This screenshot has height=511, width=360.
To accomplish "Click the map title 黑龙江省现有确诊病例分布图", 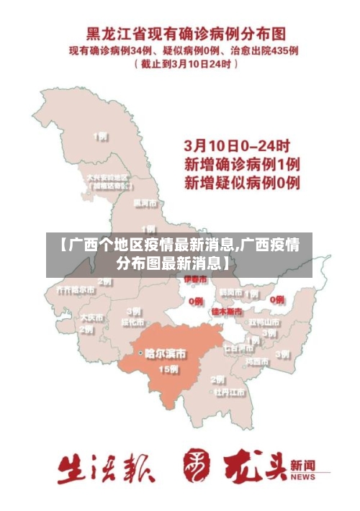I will tap(186, 34).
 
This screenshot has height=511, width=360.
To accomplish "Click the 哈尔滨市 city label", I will tap(164, 353).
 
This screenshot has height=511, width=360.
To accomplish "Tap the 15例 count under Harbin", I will tap(168, 369).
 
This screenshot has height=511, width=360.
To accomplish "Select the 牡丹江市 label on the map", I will tap(230, 393).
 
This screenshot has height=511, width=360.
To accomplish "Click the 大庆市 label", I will tap(91, 317).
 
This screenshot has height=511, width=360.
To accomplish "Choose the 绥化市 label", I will tap(133, 322).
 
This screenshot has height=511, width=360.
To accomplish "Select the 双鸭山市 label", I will tap(264, 322).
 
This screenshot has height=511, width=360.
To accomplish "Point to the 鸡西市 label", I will tap(258, 360).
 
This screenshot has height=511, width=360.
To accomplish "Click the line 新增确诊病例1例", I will tap(243, 164).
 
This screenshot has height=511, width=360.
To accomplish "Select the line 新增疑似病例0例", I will tap(243, 183).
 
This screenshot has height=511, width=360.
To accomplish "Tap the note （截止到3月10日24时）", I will tap(186, 64).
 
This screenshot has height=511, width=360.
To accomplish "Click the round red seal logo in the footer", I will tap(198, 465).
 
